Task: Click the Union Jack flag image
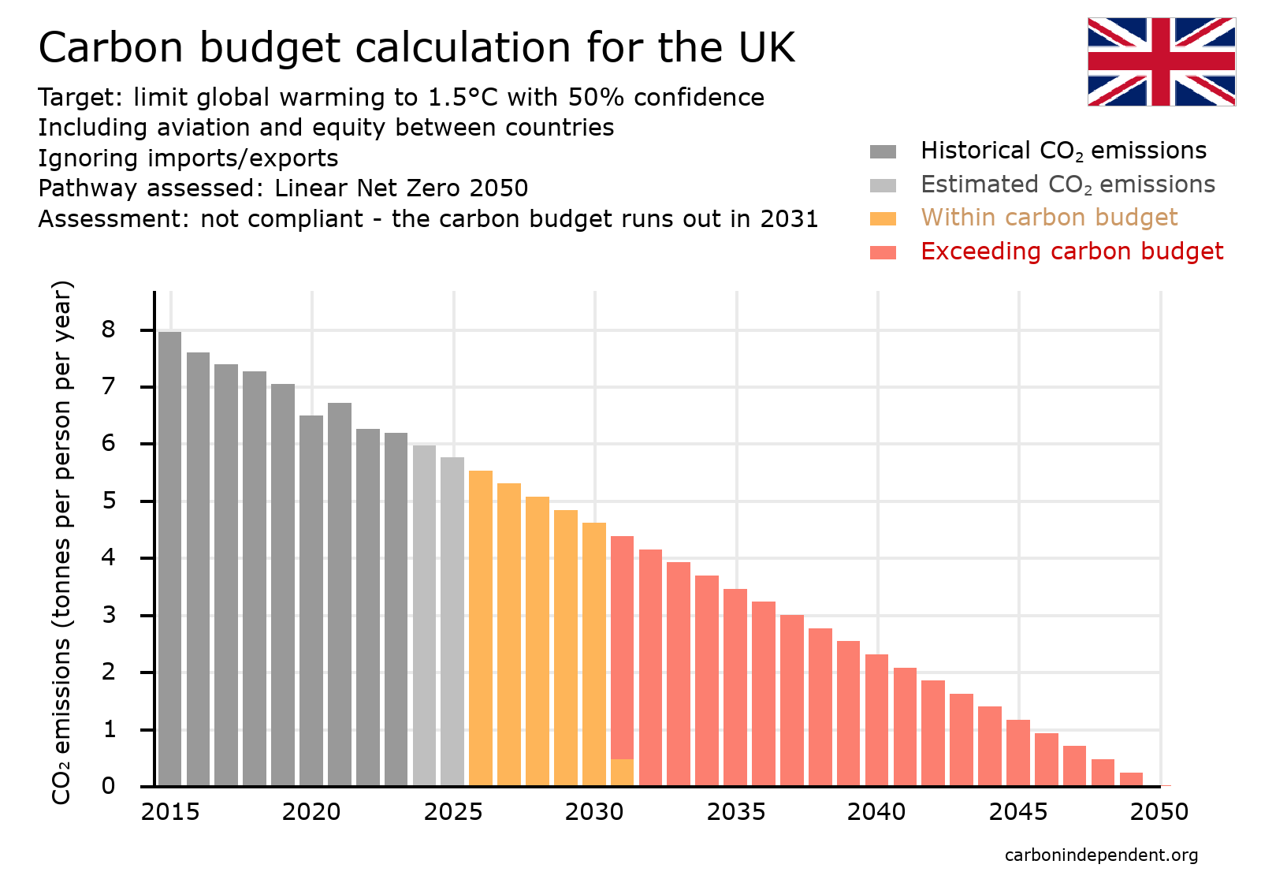point(1161,61)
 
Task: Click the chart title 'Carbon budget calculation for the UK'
point(416,47)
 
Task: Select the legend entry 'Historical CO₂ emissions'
point(1063,151)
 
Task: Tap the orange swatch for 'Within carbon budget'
point(883,218)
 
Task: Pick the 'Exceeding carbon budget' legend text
point(1071,251)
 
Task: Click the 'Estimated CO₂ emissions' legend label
point(1067,184)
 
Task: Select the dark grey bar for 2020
point(311,599)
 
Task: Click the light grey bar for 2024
point(424,615)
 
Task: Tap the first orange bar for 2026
point(481,627)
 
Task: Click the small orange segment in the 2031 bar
point(622,772)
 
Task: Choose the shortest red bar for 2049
point(1131,779)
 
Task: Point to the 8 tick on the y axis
point(108,330)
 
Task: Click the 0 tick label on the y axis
point(108,786)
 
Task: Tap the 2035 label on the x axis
point(735,812)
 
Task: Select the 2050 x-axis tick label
point(1159,812)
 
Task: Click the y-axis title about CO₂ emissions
point(61,542)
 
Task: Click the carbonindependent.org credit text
point(1101,855)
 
